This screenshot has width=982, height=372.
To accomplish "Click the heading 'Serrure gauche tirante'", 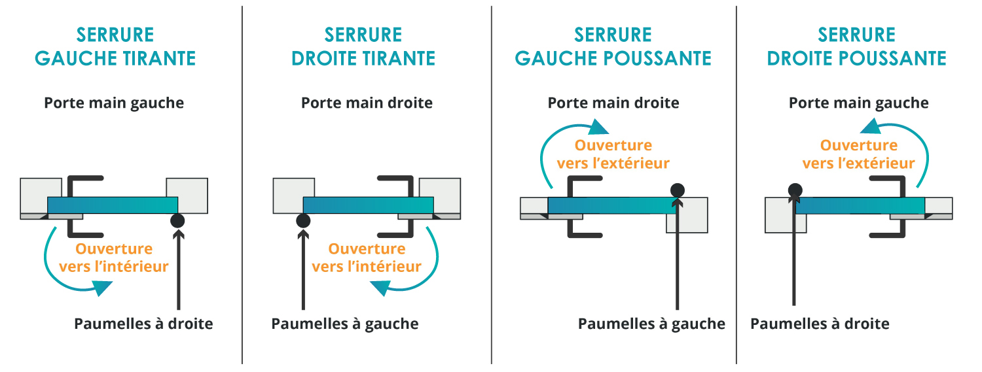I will (115, 46).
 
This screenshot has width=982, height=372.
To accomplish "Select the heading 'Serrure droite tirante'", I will (363, 46).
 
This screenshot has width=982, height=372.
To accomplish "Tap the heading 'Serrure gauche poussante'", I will (613, 46).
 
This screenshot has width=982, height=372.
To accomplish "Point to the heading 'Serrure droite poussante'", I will (856, 46).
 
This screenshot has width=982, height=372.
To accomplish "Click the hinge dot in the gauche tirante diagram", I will (177, 221).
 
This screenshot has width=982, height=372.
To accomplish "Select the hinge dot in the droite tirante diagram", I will (302, 221).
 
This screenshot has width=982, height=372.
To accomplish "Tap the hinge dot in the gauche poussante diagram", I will (678, 191).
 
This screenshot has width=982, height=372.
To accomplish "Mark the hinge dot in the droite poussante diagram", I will (795, 191).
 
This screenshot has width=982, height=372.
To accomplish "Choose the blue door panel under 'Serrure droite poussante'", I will (860, 205).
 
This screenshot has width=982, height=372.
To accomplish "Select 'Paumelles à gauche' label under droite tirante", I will (344, 324).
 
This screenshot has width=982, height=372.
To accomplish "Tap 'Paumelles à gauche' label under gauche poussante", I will (651, 324).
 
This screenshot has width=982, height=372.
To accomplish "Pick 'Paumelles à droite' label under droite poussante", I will (820, 324).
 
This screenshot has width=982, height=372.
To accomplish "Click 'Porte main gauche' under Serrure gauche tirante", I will (114, 103).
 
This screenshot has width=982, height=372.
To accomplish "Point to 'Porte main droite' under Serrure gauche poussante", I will (613, 103).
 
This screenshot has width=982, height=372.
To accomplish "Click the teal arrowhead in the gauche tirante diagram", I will (102, 287).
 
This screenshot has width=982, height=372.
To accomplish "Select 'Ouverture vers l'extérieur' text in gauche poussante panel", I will (613, 154).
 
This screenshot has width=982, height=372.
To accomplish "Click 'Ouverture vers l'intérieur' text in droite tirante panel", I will (367, 258).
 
